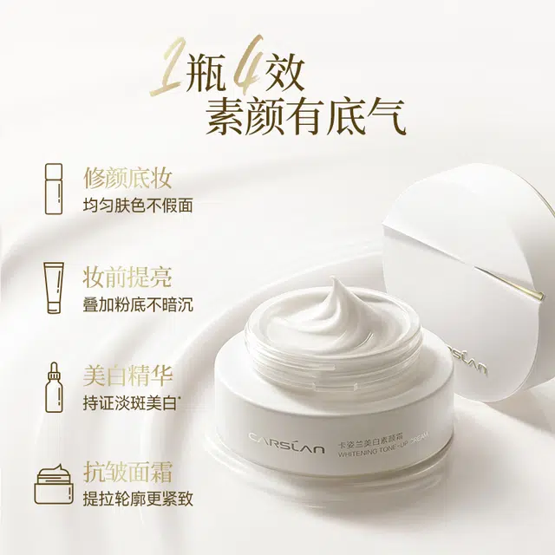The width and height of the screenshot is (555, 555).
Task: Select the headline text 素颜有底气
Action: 306,117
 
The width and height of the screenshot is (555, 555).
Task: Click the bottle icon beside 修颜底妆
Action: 54,189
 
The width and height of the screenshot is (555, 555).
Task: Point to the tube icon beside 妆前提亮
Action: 54,288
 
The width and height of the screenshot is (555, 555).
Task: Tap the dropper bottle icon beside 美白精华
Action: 54,388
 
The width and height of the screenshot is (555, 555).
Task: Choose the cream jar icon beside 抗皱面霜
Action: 54,484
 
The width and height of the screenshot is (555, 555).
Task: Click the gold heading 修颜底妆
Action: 127,178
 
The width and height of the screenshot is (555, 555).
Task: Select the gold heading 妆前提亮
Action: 127,277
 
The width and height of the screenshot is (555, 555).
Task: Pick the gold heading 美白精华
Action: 127,376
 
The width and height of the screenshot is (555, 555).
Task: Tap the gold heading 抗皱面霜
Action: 127,472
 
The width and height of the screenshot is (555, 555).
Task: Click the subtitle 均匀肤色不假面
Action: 138,206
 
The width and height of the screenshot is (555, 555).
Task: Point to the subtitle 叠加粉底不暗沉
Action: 138,305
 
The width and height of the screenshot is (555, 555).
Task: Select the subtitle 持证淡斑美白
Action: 130,403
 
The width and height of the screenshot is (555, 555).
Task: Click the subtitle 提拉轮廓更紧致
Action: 138,499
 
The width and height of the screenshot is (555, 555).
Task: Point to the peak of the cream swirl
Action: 333,280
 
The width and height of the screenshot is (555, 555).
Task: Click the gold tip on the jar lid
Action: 539,294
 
